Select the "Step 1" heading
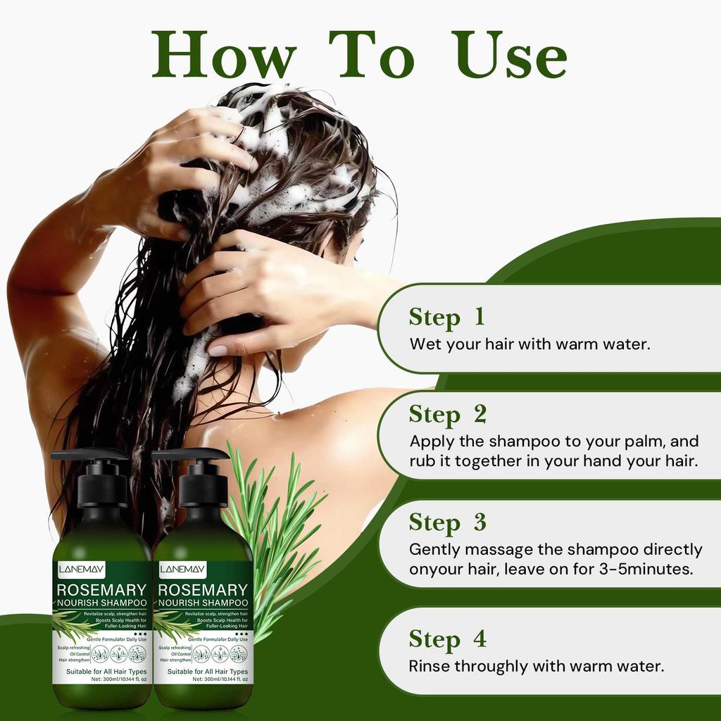coord(446,317)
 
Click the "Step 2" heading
coord(448,414)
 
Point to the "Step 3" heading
coord(448,522)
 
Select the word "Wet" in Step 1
coord(425,345)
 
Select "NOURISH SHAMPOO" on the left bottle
coord(103,603)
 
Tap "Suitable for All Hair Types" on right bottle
coord(207,672)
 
